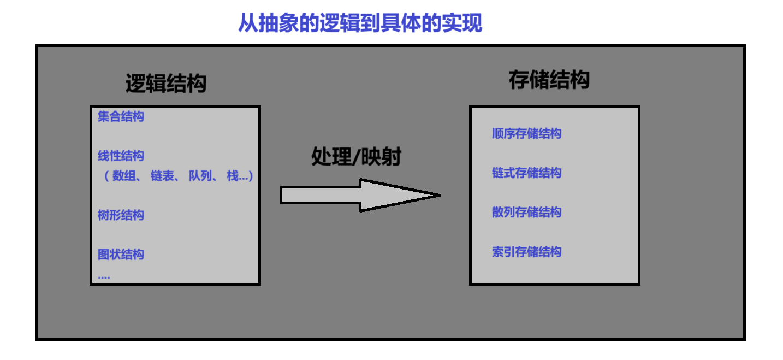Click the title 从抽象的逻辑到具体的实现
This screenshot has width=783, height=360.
pos(360,23)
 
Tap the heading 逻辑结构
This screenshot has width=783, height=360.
pos(166,84)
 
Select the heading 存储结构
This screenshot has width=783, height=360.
pos(549,80)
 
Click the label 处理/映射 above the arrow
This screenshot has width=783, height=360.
pos(356,157)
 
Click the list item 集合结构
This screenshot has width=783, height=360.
pos(121,116)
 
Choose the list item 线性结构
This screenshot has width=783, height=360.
pos(121,156)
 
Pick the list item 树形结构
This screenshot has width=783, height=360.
pos(121,215)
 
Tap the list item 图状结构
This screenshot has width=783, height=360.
pos(121,255)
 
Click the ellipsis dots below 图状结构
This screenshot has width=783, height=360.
pos(104,278)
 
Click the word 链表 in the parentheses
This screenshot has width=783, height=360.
pos(162,176)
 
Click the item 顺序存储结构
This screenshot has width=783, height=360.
pos(526,134)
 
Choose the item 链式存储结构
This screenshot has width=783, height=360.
pos(526,173)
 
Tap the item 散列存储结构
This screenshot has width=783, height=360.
pos(526,213)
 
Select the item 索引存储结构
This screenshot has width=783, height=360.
pos(526,252)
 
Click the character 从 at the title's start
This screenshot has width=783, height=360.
pos(247,23)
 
